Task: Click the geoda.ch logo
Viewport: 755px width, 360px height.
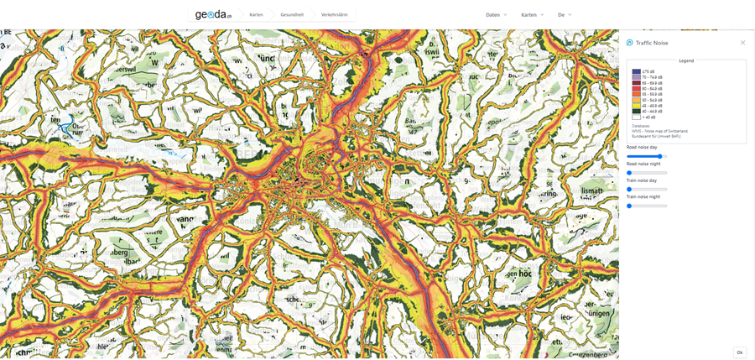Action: click(213, 14)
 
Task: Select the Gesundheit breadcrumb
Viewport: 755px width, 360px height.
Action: click(292, 14)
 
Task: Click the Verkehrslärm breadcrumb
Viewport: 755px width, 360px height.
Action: click(334, 14)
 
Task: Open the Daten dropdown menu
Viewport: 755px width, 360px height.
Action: click(497, 14)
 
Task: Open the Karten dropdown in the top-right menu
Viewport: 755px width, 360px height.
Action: click(532, 14)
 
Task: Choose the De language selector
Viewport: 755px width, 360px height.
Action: click(565, 14)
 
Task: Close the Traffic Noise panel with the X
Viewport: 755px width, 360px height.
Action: click(742, 43)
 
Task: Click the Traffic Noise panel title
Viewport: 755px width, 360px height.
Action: click(652, 43)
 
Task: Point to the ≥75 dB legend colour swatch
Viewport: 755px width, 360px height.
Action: click(636, 72)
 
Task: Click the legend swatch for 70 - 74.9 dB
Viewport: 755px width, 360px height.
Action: click(636, 77)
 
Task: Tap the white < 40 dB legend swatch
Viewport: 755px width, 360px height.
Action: click(636, 117)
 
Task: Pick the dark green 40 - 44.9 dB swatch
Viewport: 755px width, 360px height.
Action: click(636, 112)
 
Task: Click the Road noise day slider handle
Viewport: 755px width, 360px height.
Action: click(660, 156)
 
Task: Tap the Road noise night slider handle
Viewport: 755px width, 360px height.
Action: click(629, 173)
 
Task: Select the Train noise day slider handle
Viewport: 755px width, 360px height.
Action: click(629, 189)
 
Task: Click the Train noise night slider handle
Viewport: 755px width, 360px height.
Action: click(629, 206)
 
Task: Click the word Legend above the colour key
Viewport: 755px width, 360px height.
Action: click(686, 60)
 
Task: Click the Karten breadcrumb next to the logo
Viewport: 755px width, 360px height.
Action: click(256, 14)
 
